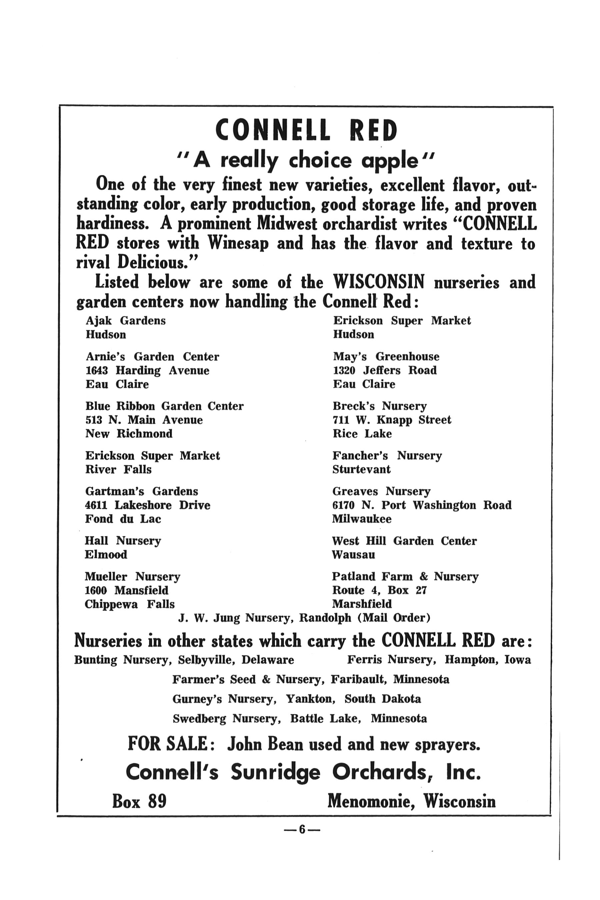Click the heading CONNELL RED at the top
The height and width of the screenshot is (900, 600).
(306, 130)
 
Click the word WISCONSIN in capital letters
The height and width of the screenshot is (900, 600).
(379, 282)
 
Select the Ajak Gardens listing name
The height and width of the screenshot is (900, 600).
(126, 320)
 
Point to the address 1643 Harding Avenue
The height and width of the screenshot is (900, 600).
(147, 370)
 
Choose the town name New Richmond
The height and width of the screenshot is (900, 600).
(129, 434)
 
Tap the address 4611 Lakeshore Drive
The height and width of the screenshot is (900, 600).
(147, 505)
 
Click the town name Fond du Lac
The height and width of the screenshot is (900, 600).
(123, 519)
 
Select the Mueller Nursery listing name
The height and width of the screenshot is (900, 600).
(132, 576)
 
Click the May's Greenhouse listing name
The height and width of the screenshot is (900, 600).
(386, 357)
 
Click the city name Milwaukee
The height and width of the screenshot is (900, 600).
(362, 519)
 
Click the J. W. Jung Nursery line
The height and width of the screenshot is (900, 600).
(304, 618)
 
